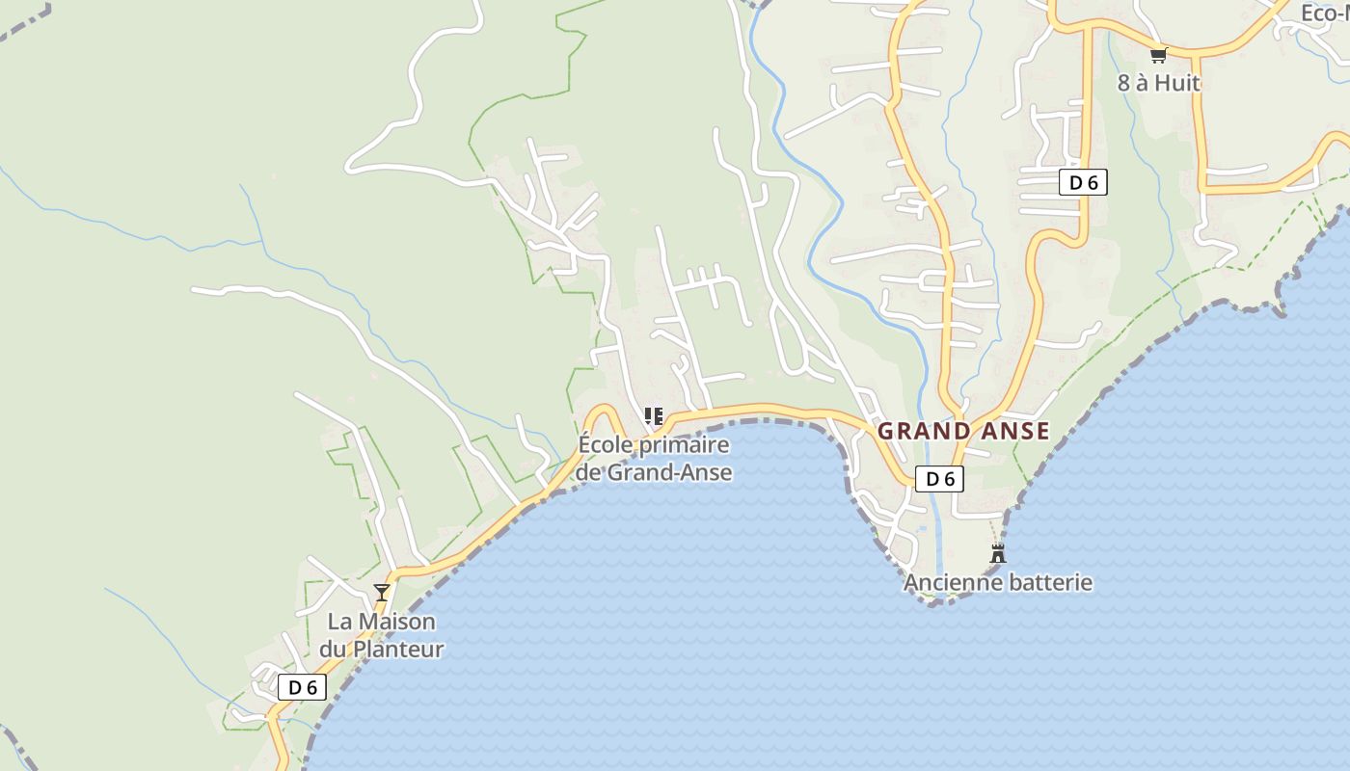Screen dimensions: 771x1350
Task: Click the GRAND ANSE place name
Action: coord(962,431)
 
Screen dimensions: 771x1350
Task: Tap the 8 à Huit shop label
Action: coord(1158,83)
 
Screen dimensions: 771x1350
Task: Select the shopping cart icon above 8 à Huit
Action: coord(1158,55)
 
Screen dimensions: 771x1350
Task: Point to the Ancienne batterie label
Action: coord(997,582)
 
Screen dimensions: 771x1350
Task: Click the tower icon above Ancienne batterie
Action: coord(998,554)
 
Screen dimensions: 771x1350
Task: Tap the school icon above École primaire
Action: coord(654,416)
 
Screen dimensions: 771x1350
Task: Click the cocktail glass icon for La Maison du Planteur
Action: coord(382,592)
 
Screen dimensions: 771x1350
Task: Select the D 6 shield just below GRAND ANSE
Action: coord(939,478)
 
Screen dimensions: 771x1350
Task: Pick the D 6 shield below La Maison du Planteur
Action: coord(303,687)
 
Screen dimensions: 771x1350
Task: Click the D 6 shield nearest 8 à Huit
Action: coord(1083,182)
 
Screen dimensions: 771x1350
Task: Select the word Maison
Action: coord(397,622)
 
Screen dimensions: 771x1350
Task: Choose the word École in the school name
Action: coord(606,445)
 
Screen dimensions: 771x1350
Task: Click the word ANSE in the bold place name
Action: coord(1013,431)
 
